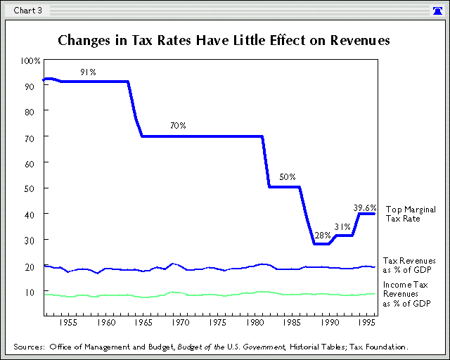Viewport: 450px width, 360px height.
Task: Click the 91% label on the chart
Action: (x=88, y=72)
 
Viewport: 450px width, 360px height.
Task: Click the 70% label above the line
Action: (x=178, y=126)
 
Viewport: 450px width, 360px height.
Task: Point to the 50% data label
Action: (x=288, y=176)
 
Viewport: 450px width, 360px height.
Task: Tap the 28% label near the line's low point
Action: (x=323, y=235)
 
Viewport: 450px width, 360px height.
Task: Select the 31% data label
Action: (x=342, y=226)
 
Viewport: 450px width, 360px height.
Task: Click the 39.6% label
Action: (x=365, y=207)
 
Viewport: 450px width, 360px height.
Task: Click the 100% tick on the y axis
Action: (x=32, y=60)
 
